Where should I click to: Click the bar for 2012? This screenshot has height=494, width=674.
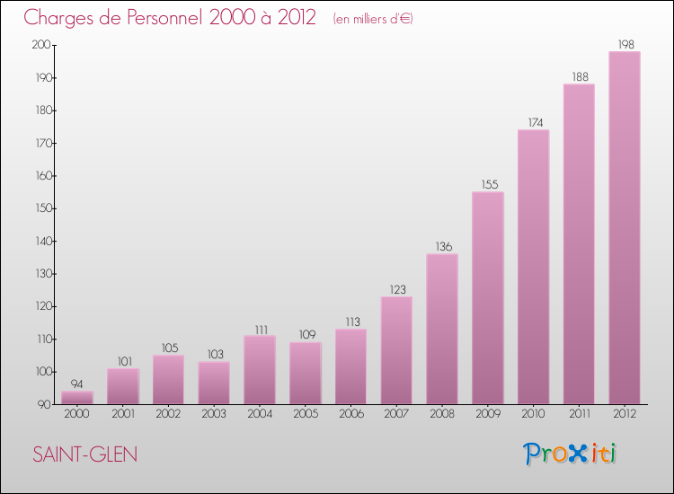625,228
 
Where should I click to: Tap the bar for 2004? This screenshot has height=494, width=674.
260,370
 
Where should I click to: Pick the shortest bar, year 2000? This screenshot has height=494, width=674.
77,398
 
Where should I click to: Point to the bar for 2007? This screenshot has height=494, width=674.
396,350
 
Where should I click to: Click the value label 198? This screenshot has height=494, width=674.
625,44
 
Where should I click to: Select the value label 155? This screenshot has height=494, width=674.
487,184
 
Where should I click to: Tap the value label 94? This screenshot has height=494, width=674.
77,384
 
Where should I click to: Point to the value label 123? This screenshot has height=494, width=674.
396,289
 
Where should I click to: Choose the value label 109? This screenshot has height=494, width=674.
305,335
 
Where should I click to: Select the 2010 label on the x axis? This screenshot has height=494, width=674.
533,413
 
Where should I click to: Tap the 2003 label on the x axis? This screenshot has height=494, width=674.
214,413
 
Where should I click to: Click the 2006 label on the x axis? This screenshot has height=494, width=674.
350,413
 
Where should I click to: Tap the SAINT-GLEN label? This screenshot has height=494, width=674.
85,454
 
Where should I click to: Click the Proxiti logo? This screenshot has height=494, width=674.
571,454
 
